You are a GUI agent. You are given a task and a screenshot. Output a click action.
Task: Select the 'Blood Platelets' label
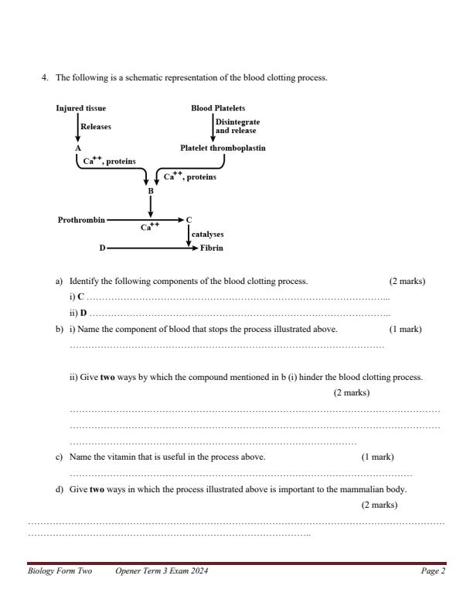218,108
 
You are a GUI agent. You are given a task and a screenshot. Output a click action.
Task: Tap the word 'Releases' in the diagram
96,127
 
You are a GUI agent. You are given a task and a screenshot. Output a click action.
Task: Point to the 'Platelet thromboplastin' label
223,147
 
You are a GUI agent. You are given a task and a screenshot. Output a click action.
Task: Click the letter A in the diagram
78,146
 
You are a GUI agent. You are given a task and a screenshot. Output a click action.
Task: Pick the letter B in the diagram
151,190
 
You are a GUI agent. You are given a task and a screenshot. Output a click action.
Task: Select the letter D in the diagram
102,248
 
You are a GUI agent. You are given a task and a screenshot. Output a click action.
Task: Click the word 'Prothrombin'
81,220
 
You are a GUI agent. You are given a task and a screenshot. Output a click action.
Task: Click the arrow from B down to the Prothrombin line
151,205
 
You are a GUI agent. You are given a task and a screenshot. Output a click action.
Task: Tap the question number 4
44,78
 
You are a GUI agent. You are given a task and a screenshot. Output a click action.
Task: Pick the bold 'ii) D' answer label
78,313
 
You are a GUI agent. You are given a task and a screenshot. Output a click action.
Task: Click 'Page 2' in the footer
433,570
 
